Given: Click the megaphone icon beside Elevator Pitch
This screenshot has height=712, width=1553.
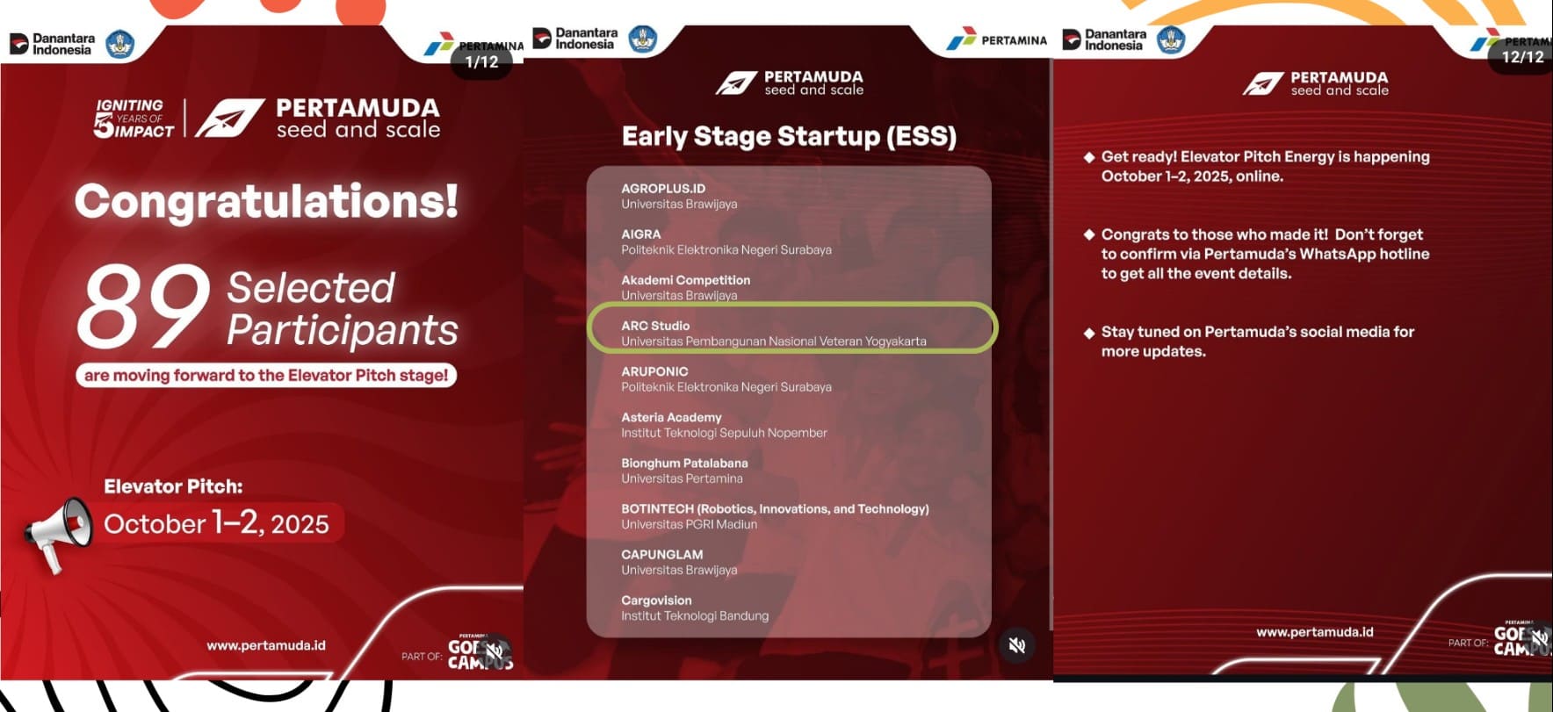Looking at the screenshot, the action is (58, 533).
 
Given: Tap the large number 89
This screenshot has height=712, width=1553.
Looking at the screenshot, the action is (144, 307).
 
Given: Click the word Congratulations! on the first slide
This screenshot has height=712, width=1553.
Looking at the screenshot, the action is (266, 201).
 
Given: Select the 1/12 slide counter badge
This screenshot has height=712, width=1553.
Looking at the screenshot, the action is (481, 61).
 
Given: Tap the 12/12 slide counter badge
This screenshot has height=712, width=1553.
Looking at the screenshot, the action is (1522, 56).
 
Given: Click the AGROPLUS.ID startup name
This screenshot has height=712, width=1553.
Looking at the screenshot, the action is (663, 188).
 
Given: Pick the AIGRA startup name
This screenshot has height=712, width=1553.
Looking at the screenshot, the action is (641, 234).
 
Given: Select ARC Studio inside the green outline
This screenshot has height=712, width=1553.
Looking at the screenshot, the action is (655, 326).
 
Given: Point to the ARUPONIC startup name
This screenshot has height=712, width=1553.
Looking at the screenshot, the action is (654, 371).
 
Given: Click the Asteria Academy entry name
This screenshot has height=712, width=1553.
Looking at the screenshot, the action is (671, 417).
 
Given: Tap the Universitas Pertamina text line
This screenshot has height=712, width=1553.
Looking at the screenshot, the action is (682, 478).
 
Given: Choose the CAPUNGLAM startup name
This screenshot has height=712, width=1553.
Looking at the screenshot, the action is (662, 555).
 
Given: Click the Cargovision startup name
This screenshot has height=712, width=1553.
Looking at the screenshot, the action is (656, 601).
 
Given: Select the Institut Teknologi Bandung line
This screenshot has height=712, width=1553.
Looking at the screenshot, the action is (695, 616).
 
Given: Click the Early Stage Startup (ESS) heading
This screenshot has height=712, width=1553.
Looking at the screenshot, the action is (789, 136).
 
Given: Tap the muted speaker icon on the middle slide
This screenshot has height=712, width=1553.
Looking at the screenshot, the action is (1017, 645).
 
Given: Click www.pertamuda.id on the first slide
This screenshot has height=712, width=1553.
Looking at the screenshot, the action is (266, 645).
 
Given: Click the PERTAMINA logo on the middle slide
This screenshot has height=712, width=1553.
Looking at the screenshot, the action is (997, 40).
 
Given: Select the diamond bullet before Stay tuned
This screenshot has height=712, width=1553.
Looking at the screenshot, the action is (1089, 332).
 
